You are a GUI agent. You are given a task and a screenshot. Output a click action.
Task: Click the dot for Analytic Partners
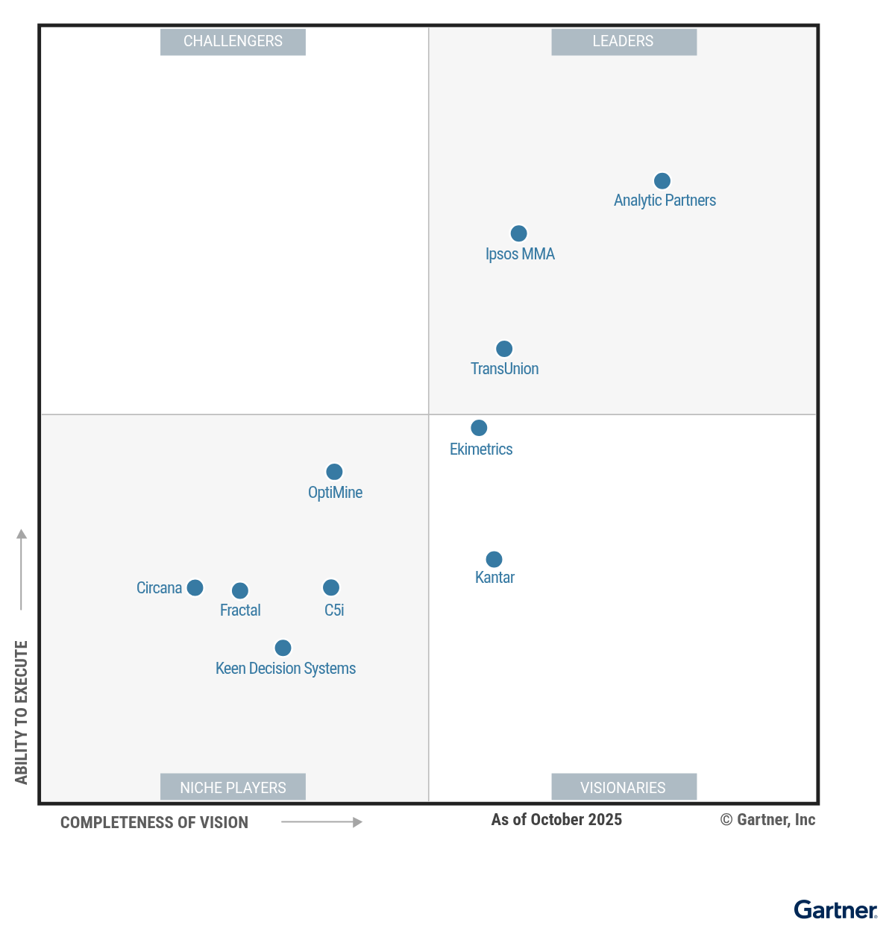click(662, 181)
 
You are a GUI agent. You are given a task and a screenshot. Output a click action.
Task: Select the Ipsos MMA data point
click(518, 234)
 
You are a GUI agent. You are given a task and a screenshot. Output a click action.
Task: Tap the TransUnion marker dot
click(504, 349)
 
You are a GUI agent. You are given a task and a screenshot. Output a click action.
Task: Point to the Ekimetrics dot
click(479, 428)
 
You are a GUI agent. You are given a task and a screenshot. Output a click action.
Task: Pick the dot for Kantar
click(494, 559)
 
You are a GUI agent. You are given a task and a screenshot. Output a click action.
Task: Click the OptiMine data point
click(334, 472)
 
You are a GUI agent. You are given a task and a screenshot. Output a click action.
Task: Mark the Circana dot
click(195, 588)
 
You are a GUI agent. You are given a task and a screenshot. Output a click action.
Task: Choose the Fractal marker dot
click(239, 591)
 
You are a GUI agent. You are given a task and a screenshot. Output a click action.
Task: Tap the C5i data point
click(331, 588)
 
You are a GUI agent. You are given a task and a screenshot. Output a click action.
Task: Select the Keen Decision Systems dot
click(283, 648)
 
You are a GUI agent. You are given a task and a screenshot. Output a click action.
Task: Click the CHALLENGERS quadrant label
click(233, 42)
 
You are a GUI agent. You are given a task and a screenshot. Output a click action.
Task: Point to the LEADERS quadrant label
click(624, 42)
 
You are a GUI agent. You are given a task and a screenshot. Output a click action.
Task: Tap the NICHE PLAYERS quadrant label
click(233, 787)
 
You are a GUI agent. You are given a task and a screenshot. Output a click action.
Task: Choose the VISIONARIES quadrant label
click(624, 787)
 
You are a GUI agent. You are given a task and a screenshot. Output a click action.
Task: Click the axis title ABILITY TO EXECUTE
click(22, 712)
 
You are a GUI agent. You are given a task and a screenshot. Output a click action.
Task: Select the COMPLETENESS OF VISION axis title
click(154, 823)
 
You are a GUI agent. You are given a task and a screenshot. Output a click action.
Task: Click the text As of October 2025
click(556, 820)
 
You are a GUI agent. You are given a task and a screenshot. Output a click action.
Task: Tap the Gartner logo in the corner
click(835, 910)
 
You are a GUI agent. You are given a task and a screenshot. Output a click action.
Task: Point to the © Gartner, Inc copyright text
click(767, 820)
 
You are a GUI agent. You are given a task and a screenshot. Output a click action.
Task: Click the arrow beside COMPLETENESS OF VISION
click(321, 822)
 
